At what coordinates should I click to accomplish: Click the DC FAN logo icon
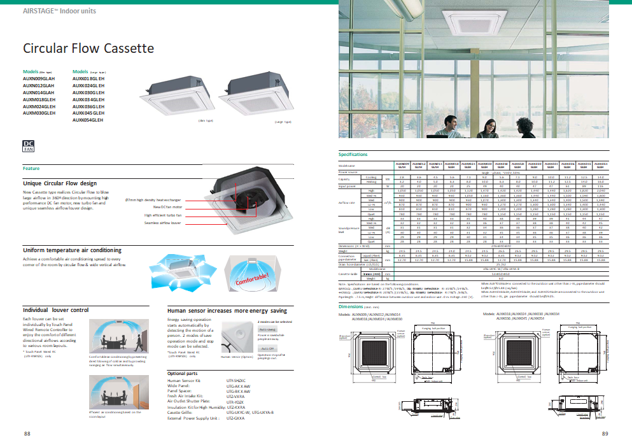coord(29,145)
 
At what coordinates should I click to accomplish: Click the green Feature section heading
coord(31,169)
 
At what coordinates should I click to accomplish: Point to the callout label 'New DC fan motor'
coord(167,207)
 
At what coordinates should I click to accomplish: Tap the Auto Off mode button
coord(267,349)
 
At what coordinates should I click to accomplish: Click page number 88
coord(27,434)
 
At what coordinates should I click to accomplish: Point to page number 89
coord(605,434)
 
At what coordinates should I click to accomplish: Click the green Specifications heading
coord(353,155)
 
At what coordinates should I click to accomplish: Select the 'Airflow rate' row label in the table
coord(348,203)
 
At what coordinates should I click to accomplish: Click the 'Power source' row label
coord(348,172)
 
